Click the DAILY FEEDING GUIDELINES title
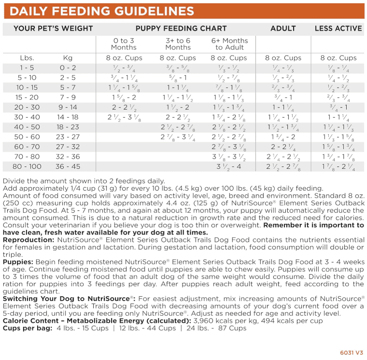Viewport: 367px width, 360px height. [102, 11]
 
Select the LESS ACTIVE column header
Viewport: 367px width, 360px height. [338, 28]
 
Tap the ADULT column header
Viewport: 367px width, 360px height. [283, 28]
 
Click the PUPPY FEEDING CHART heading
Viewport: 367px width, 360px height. [181, 28]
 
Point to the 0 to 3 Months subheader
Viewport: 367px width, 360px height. [124, 44]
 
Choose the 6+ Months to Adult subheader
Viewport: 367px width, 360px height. [229, 44]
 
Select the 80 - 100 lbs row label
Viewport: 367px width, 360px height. [27, 166]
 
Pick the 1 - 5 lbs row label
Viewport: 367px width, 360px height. [27, 68]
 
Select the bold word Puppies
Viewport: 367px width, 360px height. [17, 262]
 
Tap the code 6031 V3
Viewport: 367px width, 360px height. [351, 352]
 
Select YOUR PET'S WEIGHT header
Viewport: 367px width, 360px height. [46, 28]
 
